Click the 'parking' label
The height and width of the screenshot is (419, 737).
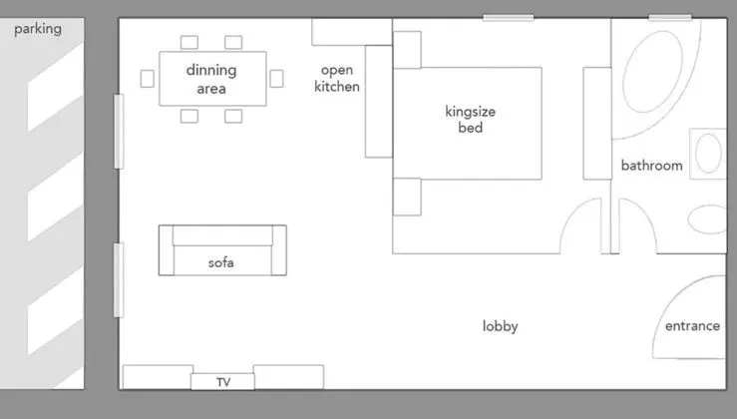point(38,29)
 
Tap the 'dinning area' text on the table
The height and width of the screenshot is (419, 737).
point(211,79)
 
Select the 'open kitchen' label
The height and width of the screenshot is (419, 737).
point(337,78)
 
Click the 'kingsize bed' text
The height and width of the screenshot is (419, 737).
point(470,120)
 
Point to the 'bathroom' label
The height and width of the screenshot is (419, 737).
point(651,165)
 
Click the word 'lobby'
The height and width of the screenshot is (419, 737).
point(500,326)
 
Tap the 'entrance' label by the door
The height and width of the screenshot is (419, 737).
point(692,326)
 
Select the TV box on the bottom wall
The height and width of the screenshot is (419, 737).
point(222,381)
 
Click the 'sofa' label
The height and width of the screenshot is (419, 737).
point(221,262)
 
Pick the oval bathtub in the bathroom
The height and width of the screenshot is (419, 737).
point(653,72)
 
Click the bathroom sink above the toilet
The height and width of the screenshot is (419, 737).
point(708,154)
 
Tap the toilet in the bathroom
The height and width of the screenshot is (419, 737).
point(707,219)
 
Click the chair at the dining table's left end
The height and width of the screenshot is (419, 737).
point(148,79)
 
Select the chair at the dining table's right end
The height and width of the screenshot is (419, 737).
point(277,79)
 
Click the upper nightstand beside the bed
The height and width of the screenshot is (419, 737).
point(407,50)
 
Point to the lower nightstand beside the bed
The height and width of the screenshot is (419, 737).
point(407,197)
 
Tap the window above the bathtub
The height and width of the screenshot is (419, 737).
point(670,18)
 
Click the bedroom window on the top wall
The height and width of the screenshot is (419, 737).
point(508,18)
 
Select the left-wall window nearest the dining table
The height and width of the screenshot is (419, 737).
point(119,132)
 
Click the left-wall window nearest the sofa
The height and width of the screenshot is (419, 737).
point(119,279)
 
